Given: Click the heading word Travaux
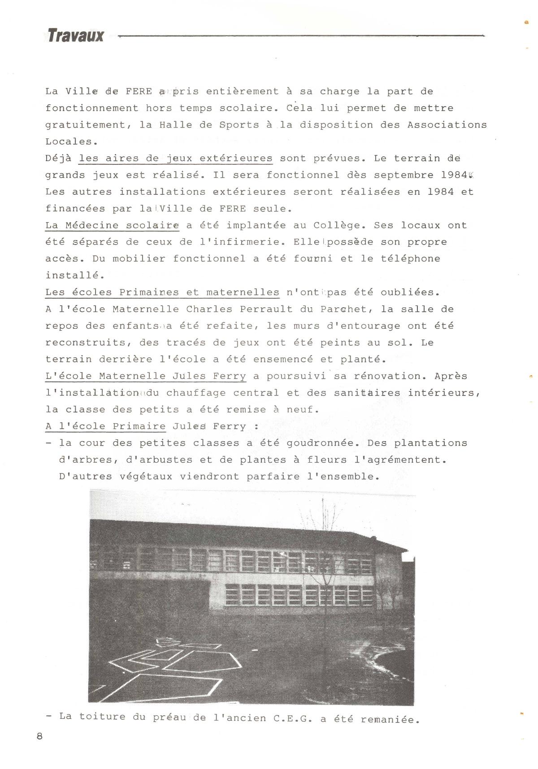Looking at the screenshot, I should pyautogui.click(x=76, y=35).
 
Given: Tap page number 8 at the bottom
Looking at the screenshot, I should pyautogui.click(x=40, y=736).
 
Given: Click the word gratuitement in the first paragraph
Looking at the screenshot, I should pyautogui.click(x=86, y=125).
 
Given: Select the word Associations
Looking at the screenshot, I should pyautogui.click(x=447, y=125).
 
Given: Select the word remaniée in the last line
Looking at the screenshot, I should pyautogui.click(x=390, y=720).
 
